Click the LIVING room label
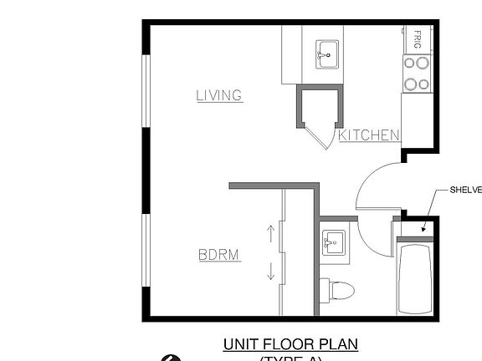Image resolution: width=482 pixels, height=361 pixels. (x=219, y=95)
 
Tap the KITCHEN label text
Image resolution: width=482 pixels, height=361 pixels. (x=368, y=135)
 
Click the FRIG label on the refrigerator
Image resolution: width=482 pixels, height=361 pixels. (x=417, y=38)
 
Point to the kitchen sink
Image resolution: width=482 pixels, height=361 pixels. (x=327, y=53)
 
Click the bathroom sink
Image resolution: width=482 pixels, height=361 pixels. (x=332, y=243)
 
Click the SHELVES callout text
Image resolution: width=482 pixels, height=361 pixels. (x=465, y=190)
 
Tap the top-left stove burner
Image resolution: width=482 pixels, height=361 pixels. (x=411, y=63)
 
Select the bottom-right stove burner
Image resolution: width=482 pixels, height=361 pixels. (x=423, y=83)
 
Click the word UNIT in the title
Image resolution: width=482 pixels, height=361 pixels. (x=239, y=343)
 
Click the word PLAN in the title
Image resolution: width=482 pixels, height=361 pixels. (x=339, y=343)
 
